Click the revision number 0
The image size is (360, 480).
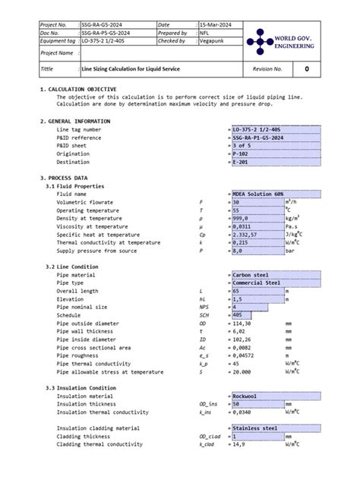tap(306, 69)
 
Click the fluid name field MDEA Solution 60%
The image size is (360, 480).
tap(257, 194)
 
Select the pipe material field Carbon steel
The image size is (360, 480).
tap(250, 275)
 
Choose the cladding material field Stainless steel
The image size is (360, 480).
tap(254, 428)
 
